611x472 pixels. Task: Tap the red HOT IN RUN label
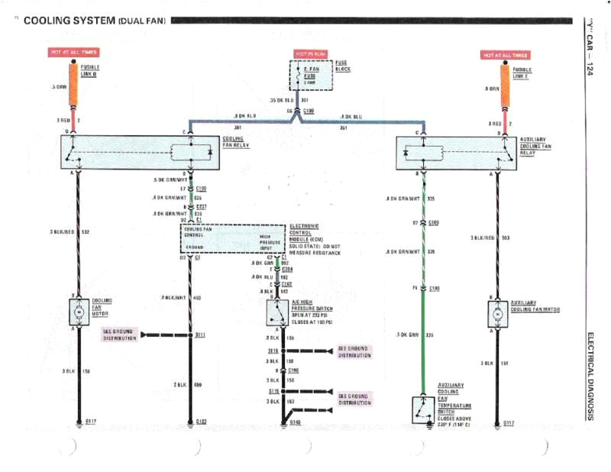tap(312, 53)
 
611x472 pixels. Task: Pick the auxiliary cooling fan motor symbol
tap(497, 313)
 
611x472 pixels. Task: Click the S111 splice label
tap(201, 335)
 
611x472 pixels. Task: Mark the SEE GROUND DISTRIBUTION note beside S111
tap(119, 335)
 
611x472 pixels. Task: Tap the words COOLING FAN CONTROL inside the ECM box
tap(201, 231)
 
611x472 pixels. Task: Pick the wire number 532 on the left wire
tap(86, 231)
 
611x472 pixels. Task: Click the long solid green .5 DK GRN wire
tap(422, 344)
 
